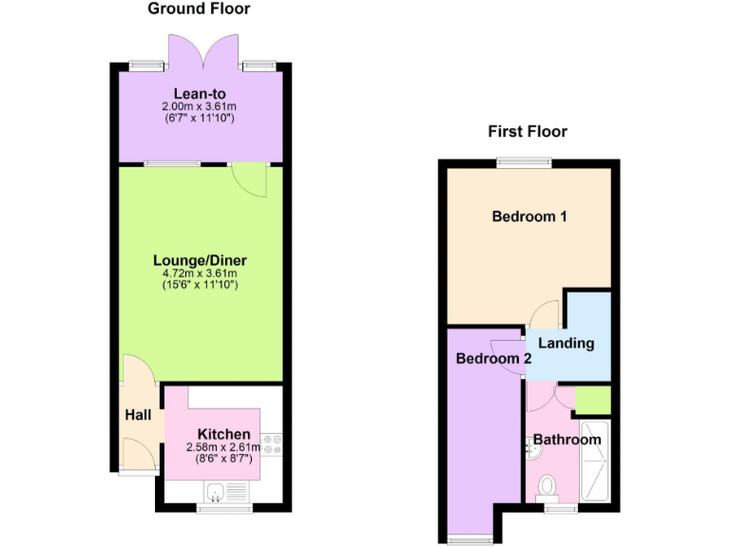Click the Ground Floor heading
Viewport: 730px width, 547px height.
pyautogui.click(x=199, y=9)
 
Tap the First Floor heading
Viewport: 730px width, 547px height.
pyautogui.click(x=528, y=131)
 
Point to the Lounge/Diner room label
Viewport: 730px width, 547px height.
pyautogui.click(x=200, y=260)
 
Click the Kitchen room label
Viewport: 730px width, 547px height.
pyautogui.click(x=224, y=434)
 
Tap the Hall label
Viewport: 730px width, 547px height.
pyautogui.click(x=138, y=415)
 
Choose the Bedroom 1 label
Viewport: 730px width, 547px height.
pyautogui.click(x=529, y=217)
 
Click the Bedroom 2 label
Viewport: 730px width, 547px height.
pyautogui.click(x=493, y=359)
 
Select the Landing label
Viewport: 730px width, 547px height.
pyautogui.click(x=567, y=343)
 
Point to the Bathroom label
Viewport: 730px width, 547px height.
pyautogui.click(x=567, y=440)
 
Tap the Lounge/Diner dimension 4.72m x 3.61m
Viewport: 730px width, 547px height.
pyautogui.click(x=200, y=273)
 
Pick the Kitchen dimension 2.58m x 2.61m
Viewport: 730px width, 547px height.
pyautogui.click(x=224, y=447)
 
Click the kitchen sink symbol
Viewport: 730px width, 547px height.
pyautogui.click(x=218, y=491)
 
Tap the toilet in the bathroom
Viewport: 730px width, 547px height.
pyautogui.click(x=547, y=488)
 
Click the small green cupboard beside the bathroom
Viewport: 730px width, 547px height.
pyautogui.click(x=592, y=401)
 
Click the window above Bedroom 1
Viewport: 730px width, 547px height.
pyautogui.click(x=523, y=162)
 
